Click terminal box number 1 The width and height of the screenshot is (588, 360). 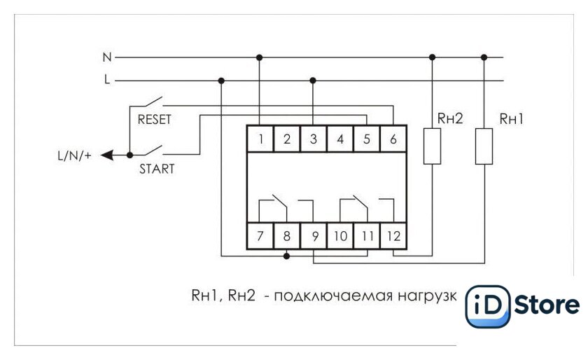pyautogui.click(x=260, y=139)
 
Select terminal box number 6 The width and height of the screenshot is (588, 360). pyautogui.click(x=393, y=139)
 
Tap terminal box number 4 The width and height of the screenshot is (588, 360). pyautogui.click(x=340, y=139)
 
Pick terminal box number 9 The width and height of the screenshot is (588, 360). pyautogui.click(x=314, y=236)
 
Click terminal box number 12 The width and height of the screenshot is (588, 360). pyautogui.click(x=393, y=236)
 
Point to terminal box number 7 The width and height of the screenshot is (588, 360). pyautogui.click(x=260, y=236)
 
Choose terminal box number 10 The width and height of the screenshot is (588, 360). pyautogui.click(x=340, y=236)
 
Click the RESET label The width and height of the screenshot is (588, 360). pyautogui.click(x=155, y=119)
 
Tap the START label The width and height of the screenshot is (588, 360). pyautogui.click(x=157, y=169)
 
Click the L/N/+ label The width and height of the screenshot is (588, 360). pyautogui.click(x=74, y=155)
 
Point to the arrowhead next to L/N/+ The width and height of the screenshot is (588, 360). pyautogui.click(x=107, y=155)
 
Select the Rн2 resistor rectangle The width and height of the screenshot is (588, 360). pyautogui.click(x=432, y=146)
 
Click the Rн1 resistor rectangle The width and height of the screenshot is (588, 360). pyautogui.click(x=484, y=146)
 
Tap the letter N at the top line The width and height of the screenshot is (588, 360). pyautogui.click(x=107, y=57)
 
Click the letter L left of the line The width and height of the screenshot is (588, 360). pyautogui.click(x=107, y=80)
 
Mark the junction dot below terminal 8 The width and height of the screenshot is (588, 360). pyautogui.click(x=286, y=256)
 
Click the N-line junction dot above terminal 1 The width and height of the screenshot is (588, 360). pyautogui.click(x=259, y=57)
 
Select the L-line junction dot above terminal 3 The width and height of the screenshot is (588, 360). pyautogui.click(x=313, y=81)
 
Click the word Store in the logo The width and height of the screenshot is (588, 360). pyautogui.click(x=547, y=305)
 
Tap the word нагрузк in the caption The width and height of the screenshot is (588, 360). pyautogui.click(x=427, y=296)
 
